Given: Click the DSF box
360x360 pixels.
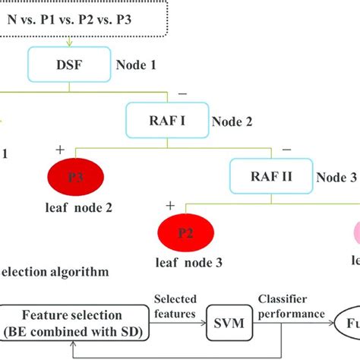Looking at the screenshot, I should [69, 65].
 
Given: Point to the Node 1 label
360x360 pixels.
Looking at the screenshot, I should [136, 65].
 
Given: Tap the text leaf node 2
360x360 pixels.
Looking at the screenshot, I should [78, 207].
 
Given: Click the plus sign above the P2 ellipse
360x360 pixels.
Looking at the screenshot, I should [170, 206].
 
